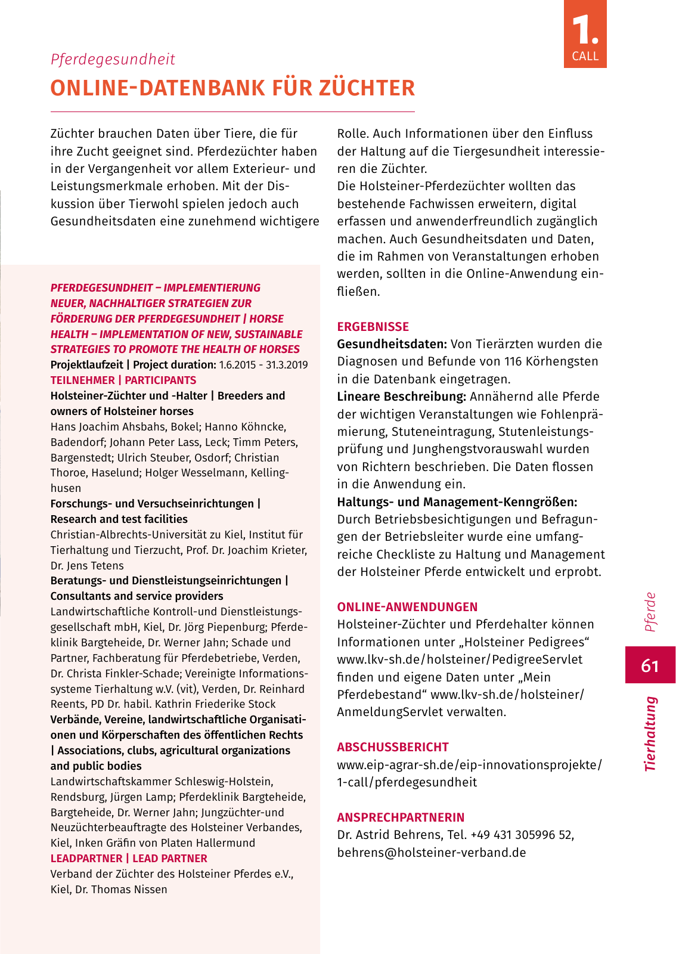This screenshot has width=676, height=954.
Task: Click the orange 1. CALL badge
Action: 585,34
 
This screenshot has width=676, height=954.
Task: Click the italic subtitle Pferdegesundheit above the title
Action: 113,60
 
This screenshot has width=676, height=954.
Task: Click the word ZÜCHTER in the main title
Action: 367,88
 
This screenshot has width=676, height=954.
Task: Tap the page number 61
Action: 650,665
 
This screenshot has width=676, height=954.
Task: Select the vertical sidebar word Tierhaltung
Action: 650,733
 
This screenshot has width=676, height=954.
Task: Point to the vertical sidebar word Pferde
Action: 650,612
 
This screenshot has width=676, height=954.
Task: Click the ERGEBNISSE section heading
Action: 373,327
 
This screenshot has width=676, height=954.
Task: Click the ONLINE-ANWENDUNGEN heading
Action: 407,607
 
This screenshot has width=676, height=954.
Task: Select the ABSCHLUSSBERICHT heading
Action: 392,747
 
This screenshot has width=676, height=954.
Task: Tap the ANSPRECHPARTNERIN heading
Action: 401,817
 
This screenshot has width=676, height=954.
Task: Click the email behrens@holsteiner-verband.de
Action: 432,853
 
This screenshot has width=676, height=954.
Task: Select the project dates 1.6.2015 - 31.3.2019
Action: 263,365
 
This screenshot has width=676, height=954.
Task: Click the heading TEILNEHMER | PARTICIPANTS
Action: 123,380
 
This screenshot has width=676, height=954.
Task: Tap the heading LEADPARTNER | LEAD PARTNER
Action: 129,859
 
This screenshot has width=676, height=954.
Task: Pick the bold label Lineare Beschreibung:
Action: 401,397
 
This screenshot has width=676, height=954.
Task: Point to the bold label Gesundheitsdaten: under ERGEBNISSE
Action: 392,344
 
